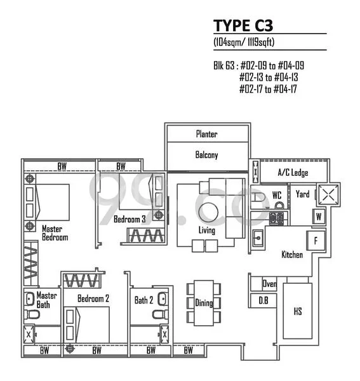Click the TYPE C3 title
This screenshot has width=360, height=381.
pos(241,25)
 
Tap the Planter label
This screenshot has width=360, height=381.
pos(206,134)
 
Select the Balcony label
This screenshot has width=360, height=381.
pos(206,154)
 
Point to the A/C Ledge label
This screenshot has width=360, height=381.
pos(293,173)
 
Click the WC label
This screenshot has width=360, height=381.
pos(277,194)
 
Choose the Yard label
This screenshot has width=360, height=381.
pos(303,194)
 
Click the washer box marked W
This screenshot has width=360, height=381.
pos(319,216)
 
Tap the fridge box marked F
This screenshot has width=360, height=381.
pos(316,240)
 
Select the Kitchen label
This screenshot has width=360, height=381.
pos(292,255)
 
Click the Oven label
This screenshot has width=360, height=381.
pos(269,284)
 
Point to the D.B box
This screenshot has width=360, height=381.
pos(263,300)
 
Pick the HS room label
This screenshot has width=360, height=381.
pos(297,311)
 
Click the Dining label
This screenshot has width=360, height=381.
pos(204,303)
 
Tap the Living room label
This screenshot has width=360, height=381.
pos(207,230)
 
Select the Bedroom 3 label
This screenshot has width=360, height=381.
pos(130,219)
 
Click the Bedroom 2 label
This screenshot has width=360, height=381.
pos(93,298)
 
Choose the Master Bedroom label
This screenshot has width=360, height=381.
pos(55,232)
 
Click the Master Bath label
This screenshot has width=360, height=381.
pos(46,300)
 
